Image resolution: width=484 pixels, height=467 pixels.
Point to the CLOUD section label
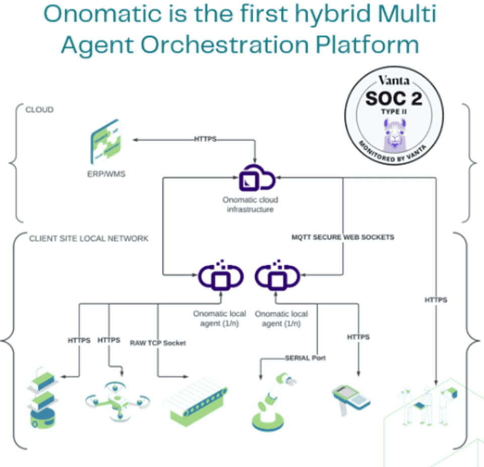point(39,109)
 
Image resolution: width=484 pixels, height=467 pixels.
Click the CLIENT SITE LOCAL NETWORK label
point(89,239)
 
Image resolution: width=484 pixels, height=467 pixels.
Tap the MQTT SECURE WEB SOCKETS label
point(343,237)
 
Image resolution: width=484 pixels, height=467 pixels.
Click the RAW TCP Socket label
point(158,343)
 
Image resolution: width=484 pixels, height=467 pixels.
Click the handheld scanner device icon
point(351,399)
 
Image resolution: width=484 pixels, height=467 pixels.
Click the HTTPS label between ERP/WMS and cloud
point(205,139)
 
